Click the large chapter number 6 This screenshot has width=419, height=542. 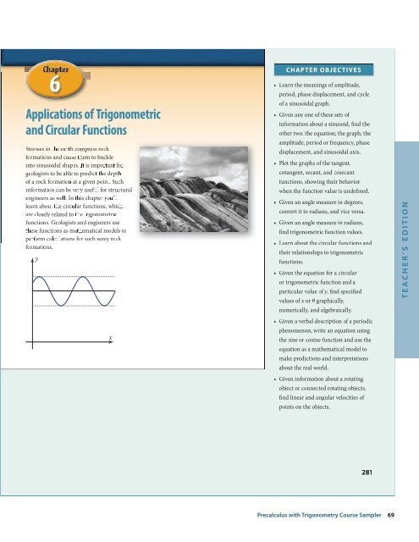point(52,85)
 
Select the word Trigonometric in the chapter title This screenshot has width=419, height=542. point(111,113)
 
